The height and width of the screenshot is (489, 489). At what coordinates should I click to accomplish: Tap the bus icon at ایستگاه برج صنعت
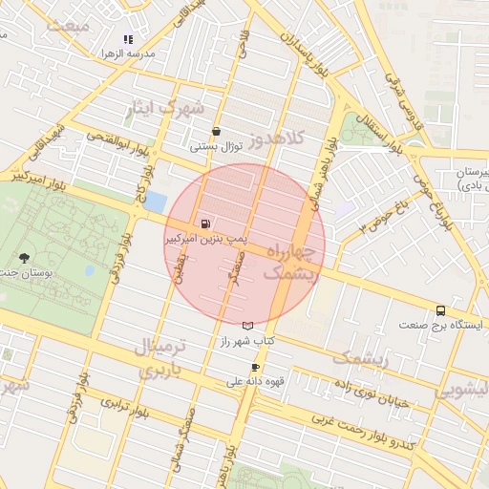coord(440,310)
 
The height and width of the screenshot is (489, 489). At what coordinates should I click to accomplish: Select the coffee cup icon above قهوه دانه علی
coord(255,367)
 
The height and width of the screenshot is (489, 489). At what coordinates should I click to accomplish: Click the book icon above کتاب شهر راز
coord(248,326)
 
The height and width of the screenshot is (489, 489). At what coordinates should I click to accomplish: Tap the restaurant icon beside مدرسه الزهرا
coord(128,39)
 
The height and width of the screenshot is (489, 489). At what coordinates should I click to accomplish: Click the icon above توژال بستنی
coord(216,132)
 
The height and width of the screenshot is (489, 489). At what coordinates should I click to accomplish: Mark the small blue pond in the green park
coord(89,270)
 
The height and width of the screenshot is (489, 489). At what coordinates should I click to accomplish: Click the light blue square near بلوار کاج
coord(156,203)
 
